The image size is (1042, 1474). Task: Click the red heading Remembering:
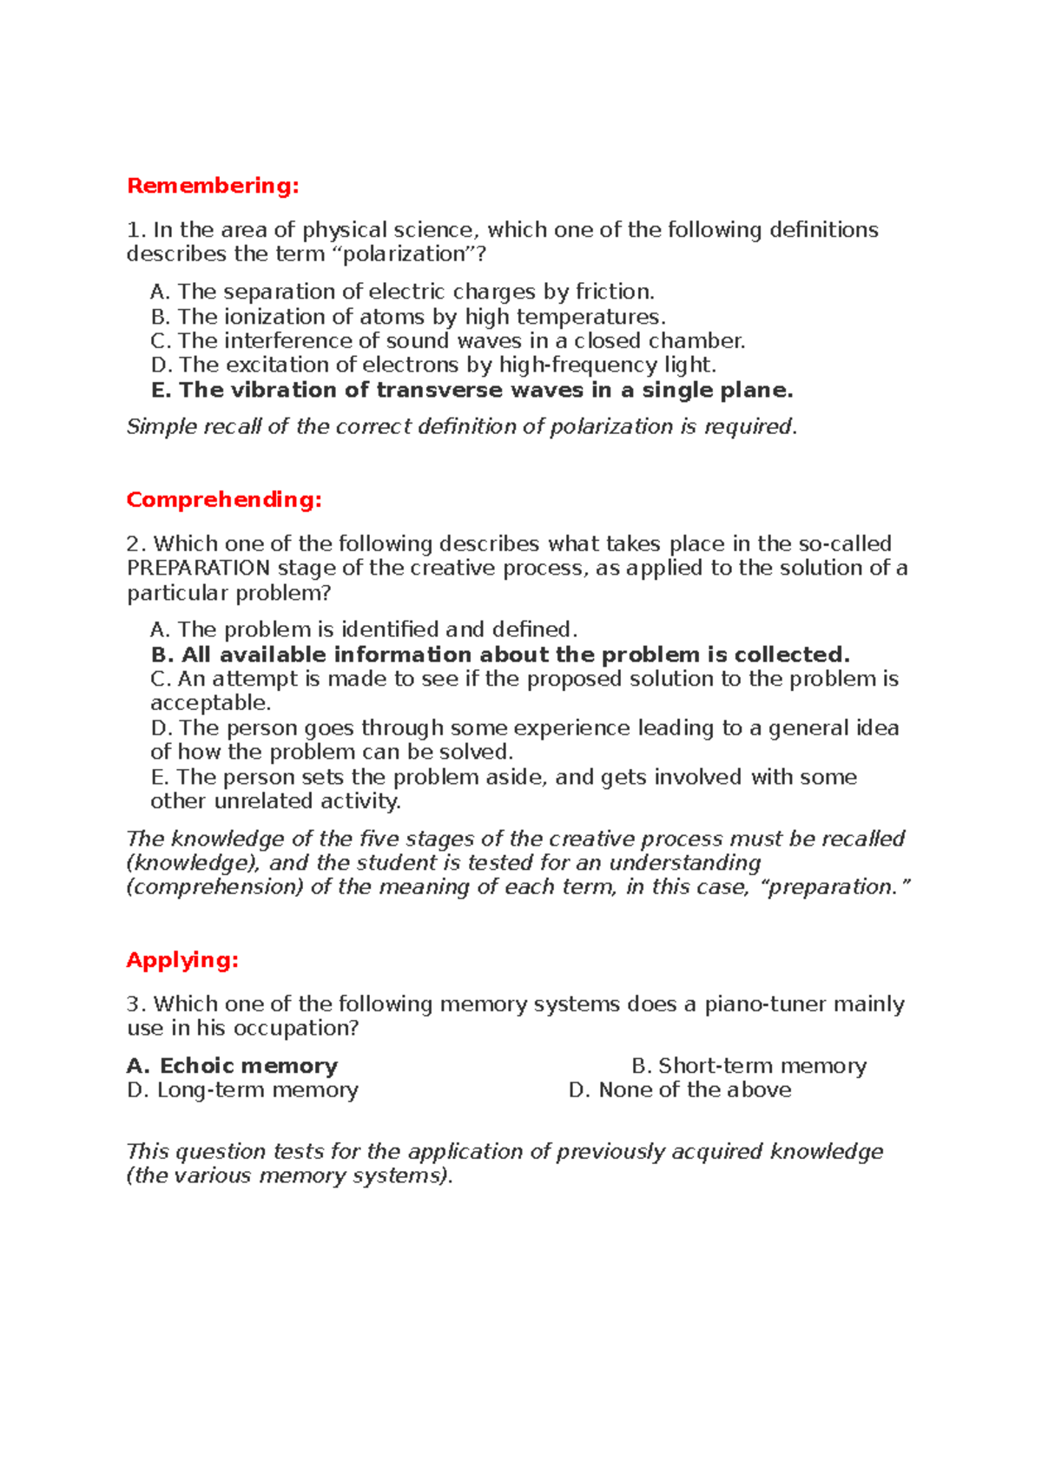(213, 186)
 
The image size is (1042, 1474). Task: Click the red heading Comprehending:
(224, 500)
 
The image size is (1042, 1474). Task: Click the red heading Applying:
(182, 960)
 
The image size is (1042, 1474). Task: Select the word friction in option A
(614, 292)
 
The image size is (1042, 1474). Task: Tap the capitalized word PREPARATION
(199, 569)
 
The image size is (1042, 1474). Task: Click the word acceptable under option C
(210, 703)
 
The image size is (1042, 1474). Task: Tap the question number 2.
(134, 544)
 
